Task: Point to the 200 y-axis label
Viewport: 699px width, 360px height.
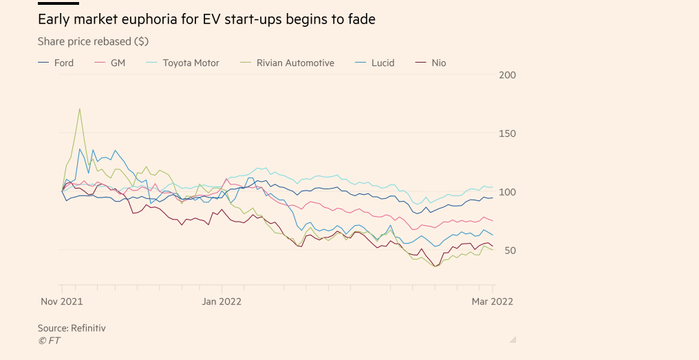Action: [x=507, y=75]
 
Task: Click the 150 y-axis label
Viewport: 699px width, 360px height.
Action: [x=507, y=134]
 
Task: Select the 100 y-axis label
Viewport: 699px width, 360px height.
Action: [x=507, y=192]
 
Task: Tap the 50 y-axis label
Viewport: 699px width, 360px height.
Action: [x=506, y=251]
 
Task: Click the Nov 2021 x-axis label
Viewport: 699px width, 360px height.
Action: [x=62, y=301]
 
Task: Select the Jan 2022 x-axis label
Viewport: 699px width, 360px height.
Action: [x=222, y=301]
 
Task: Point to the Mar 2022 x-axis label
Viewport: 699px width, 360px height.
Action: [x=492, y=301]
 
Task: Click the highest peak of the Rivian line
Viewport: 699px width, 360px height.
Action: [x=80, y=109]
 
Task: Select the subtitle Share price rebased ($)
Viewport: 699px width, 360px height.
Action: [x=93, y=41]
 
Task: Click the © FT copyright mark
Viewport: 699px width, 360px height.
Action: [x=49, y=341]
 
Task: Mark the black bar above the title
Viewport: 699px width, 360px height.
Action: [x=58, y=3]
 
